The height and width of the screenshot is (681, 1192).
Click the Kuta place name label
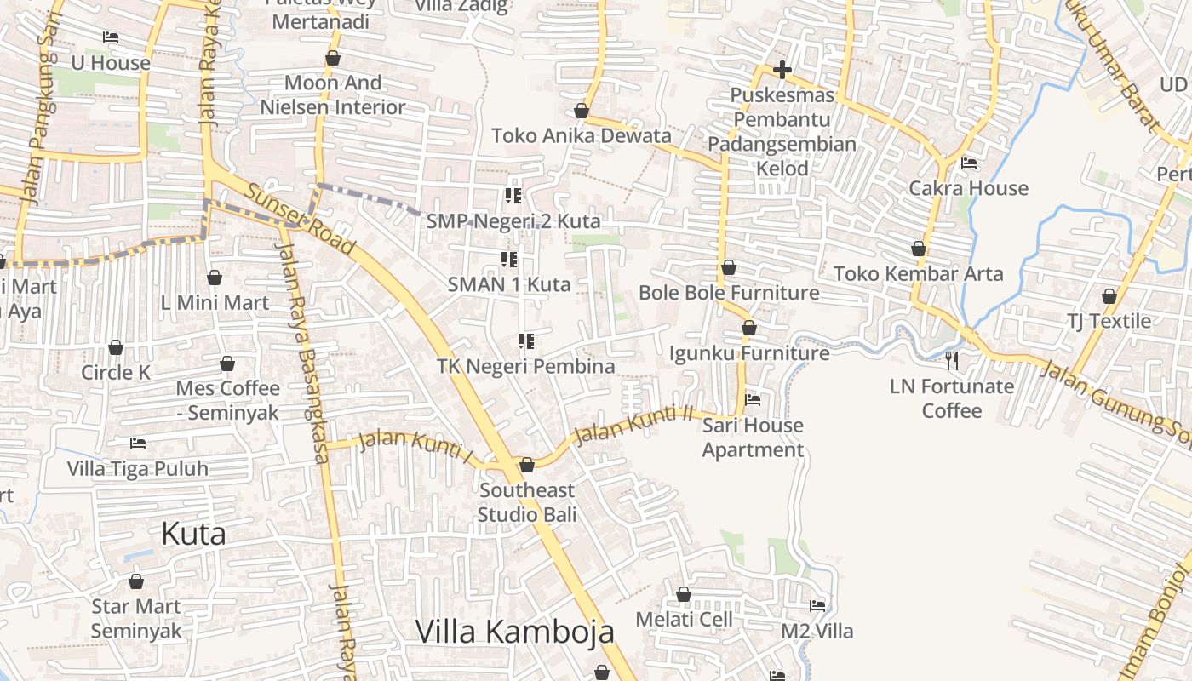193,534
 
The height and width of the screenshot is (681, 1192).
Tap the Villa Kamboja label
514,632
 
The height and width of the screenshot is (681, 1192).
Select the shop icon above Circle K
116,347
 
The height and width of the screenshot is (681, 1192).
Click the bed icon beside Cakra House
969,163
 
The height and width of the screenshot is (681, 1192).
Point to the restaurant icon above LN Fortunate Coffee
952,361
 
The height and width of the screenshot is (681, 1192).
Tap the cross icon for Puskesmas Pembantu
782,70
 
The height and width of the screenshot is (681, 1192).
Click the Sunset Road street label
300,218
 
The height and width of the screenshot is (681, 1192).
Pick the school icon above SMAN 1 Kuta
509,259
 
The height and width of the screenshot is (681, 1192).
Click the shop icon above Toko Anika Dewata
582,111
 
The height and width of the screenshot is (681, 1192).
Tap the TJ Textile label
1109,321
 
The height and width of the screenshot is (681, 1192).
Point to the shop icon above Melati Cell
683,594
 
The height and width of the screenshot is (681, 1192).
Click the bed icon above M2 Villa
817,606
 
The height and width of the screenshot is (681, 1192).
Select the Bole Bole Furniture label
729,293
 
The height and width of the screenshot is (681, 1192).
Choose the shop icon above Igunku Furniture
749,328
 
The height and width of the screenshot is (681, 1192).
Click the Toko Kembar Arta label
919,274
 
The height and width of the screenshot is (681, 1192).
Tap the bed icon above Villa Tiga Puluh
138,444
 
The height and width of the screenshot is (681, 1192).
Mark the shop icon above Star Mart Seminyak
136,582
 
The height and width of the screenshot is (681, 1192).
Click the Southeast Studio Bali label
526,502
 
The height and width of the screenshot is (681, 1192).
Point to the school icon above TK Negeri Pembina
526,341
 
